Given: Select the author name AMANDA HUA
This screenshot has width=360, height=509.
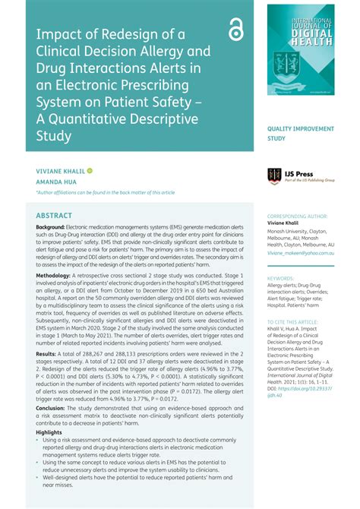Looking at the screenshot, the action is (x=55, y=182).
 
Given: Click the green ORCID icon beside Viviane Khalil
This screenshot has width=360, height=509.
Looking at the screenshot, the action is (x=90, y=171).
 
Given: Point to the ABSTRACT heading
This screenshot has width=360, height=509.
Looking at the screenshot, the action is (x=54, y=216).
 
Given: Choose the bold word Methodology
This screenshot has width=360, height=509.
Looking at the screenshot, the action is (x=54, y=276).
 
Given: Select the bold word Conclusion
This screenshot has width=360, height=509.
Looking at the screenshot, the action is (x=51, y=408).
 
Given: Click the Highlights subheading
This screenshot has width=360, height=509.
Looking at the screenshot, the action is (x=49, y=432).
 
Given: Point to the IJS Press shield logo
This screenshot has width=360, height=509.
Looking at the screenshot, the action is (x=274, y=176).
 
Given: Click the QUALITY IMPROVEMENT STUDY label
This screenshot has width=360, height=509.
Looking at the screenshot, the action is (x=300, y=134).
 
